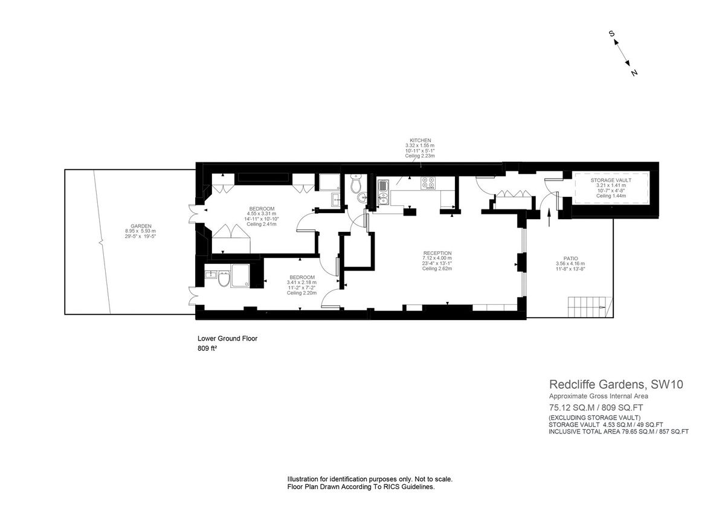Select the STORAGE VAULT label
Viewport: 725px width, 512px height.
[x=611, y=180]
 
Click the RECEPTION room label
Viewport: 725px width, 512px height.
[x=437, y=253]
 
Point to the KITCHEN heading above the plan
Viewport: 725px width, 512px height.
[x=420, y=140]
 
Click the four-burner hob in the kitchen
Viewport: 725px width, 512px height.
[x=428, y=182]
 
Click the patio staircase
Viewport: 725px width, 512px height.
[x=589, y=307]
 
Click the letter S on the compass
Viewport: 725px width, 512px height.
[x=612, y=34]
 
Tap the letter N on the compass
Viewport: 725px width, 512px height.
[x=634, y=73]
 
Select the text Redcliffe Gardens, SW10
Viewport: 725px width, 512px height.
[x=616, y=384]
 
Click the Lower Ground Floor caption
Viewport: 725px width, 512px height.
[x=227, y=339]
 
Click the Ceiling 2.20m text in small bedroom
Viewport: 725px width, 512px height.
[x=301, y=293]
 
